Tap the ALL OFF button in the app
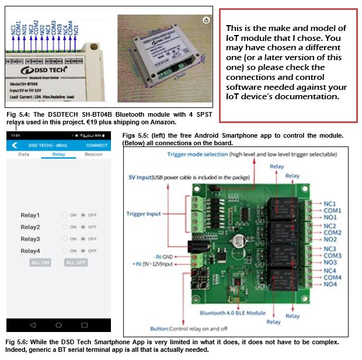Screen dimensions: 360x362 click(x=76, y=263)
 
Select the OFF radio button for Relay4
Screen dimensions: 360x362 click(x=83, y=250)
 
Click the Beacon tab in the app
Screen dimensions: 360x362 click(x=93, y=155)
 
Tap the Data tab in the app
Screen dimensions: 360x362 click(x=24, y=155)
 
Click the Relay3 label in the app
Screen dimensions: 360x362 click(x=30, y=239)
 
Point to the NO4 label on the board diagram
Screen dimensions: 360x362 click(x=330, y=284)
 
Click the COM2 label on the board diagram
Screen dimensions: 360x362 click(x=332, y=232)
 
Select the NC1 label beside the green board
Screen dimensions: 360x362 click(x=330, y=204)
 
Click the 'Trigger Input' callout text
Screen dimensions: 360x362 click(x=144, y=214)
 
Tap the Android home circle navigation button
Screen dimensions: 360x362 click(x=58, y=324)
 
